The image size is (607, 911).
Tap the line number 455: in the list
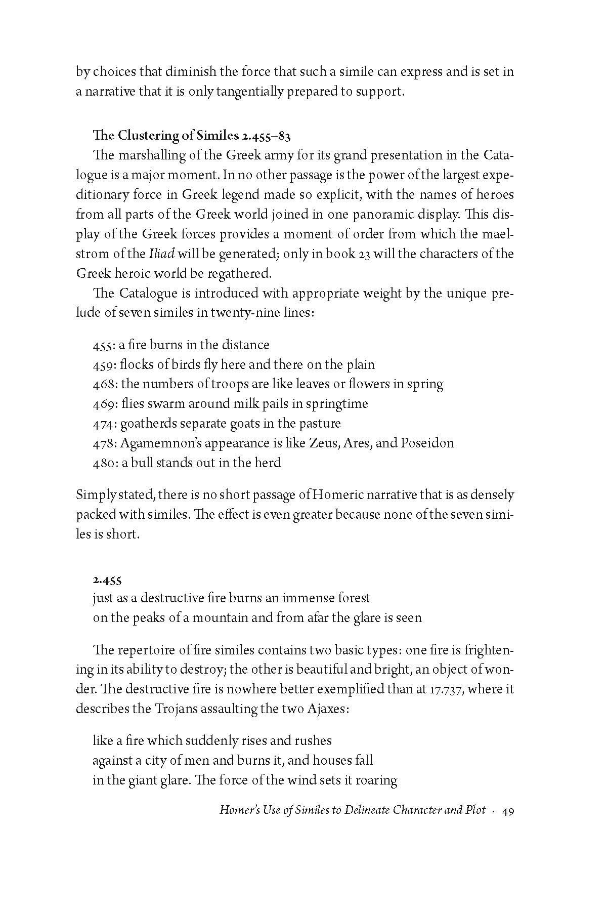click(104, 345)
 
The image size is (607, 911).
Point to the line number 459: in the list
click(105, 365)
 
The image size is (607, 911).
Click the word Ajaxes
click(328, 709)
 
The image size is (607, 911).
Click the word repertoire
click(154, 650)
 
